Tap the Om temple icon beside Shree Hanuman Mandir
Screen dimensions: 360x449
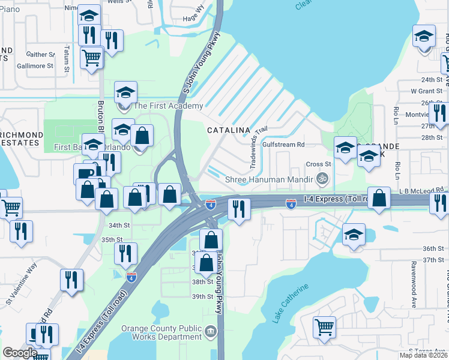322,179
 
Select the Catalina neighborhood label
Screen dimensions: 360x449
228,130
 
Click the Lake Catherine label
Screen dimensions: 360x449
291,304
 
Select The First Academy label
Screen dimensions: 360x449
168,106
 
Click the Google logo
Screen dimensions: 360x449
20,353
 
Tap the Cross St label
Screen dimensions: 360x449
319,164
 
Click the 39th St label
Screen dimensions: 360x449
202,296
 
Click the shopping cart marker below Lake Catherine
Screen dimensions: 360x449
324,328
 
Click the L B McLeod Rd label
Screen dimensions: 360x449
422,190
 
